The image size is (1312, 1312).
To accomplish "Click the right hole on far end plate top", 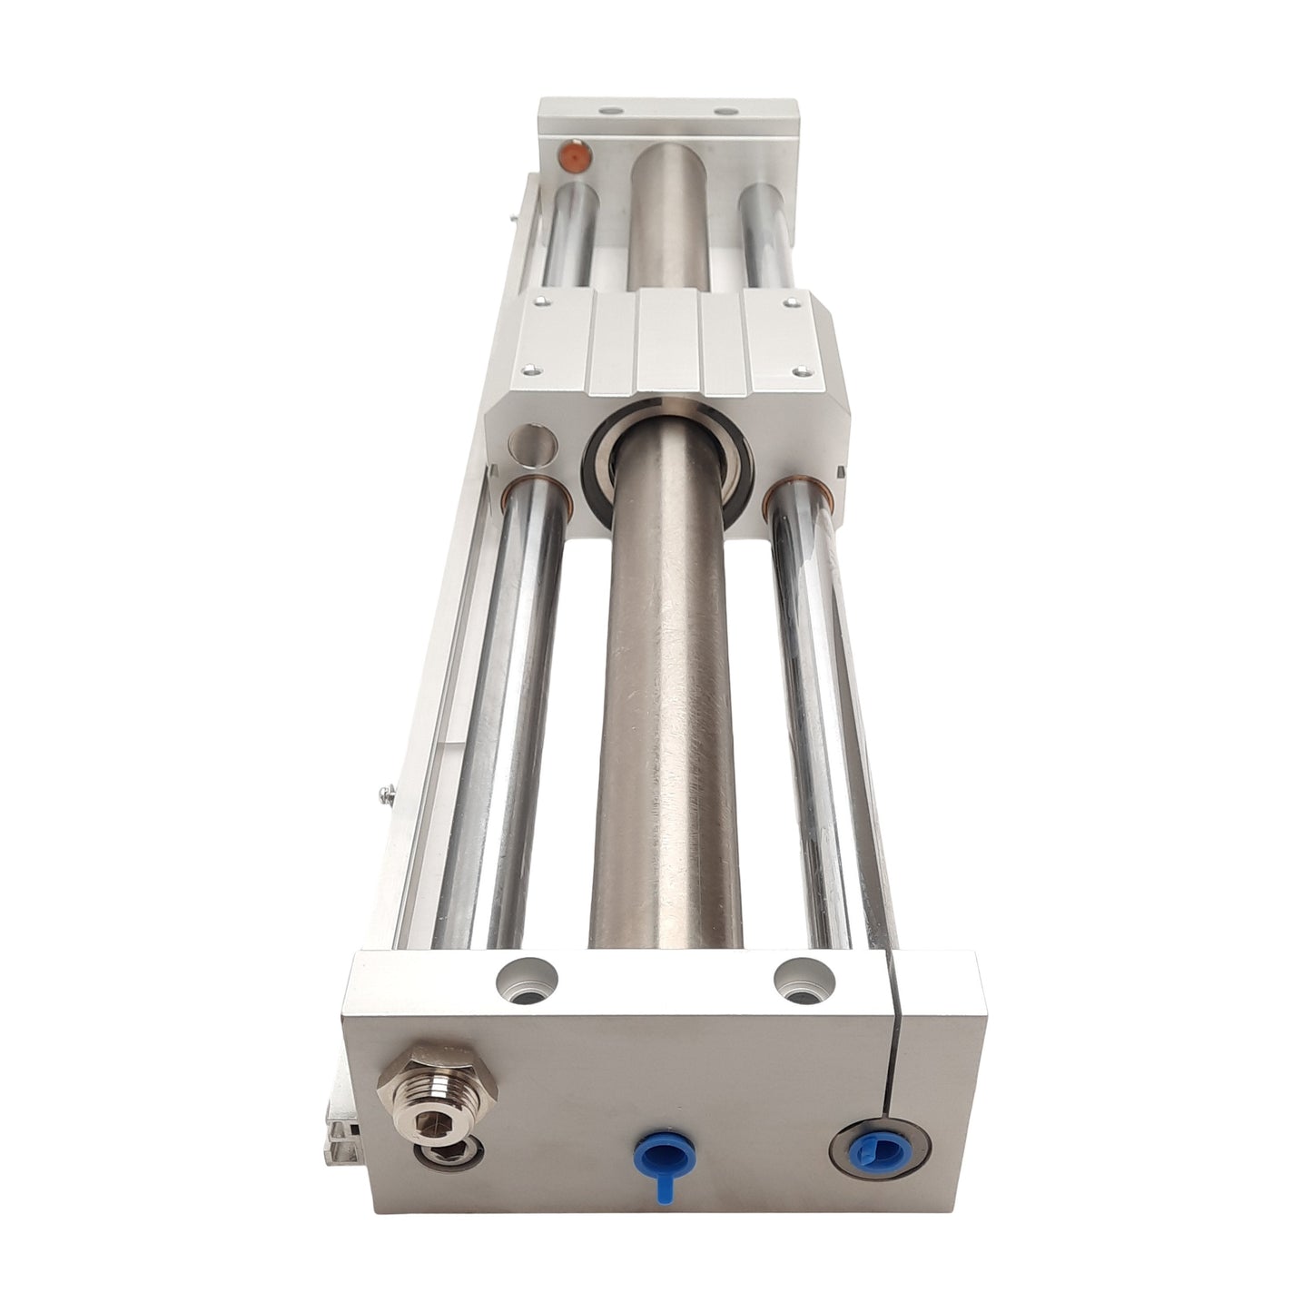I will [x=724, y=112].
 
